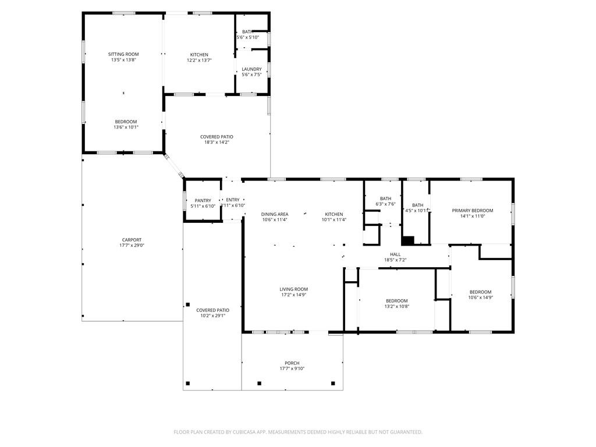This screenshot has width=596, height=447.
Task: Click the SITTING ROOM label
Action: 123,54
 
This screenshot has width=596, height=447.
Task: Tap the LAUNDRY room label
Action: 251,69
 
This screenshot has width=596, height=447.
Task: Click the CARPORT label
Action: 132,240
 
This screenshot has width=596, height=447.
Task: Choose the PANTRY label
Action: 203,200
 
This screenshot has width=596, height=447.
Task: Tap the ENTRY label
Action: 233,200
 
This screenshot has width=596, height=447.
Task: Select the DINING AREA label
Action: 275,214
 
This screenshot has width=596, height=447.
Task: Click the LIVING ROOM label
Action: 293,289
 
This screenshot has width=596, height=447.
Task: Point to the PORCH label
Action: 292,363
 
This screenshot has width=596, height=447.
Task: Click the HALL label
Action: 395,254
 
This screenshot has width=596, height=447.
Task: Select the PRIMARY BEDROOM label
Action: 472,211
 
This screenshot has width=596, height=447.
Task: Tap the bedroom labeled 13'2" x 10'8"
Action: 396,301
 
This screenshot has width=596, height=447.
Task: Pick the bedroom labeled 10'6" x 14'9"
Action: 480,292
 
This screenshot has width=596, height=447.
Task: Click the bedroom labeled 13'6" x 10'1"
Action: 126,122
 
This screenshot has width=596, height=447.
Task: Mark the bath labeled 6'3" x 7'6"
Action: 385,198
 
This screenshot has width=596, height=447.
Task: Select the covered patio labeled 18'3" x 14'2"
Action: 217,137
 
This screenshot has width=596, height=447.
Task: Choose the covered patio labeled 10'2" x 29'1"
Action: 212,310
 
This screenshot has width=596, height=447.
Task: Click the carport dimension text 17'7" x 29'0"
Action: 132,246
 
